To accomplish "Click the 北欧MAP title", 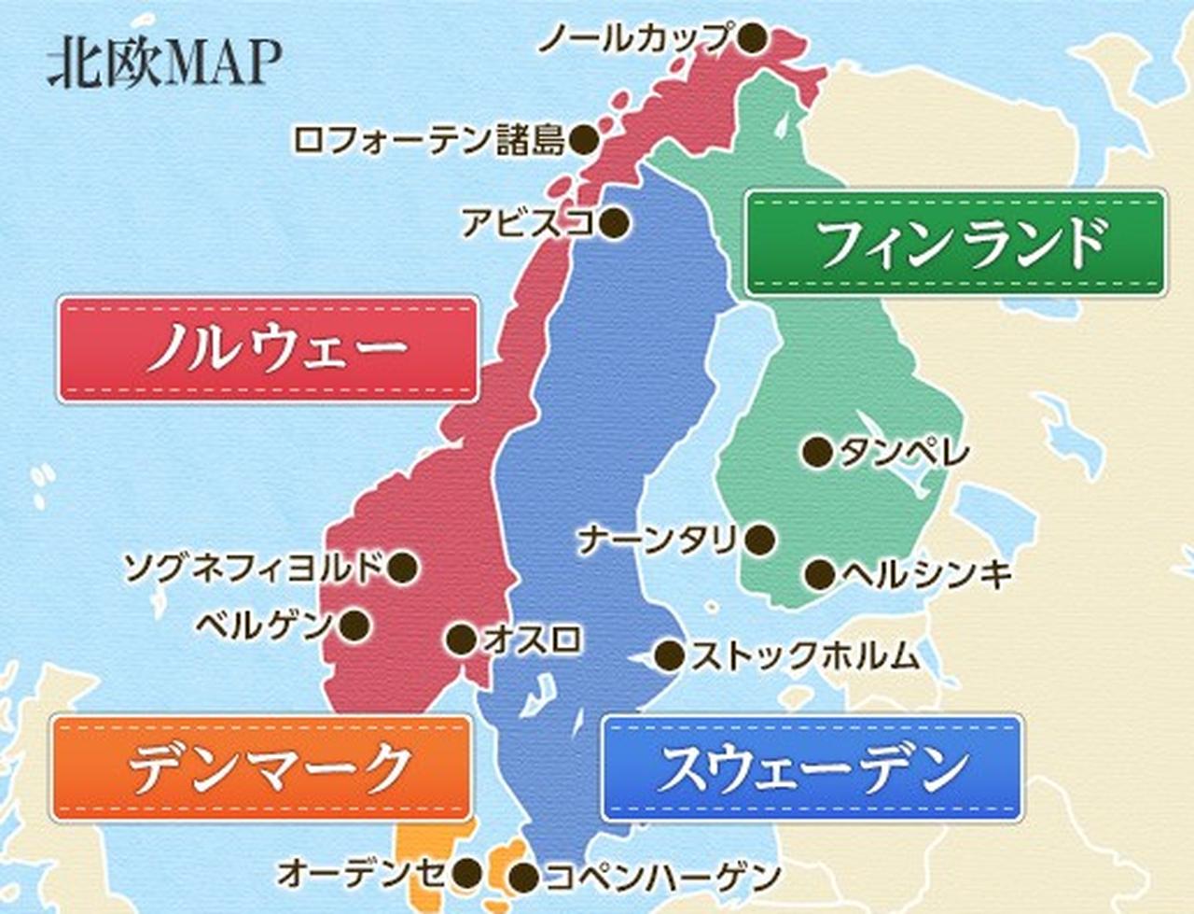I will click(x=164, y=63).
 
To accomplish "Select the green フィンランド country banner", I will click(x=954, y=244).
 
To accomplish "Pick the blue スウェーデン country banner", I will click(x=812, y=768).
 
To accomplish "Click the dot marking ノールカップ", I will click(x=752, y=38).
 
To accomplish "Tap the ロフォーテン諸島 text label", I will click(x=428, y=140).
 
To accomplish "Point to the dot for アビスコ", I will click(x=614, y=223).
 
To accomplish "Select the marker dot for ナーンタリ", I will click(x=760, y=540).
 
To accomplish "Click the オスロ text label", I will click(x=533, y=640).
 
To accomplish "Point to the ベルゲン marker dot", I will click(x=354, y=625).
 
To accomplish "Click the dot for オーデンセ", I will click(x=466, y=874).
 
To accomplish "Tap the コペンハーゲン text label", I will click(x=661, y=877).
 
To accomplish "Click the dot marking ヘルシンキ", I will click(x=820, y=574).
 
